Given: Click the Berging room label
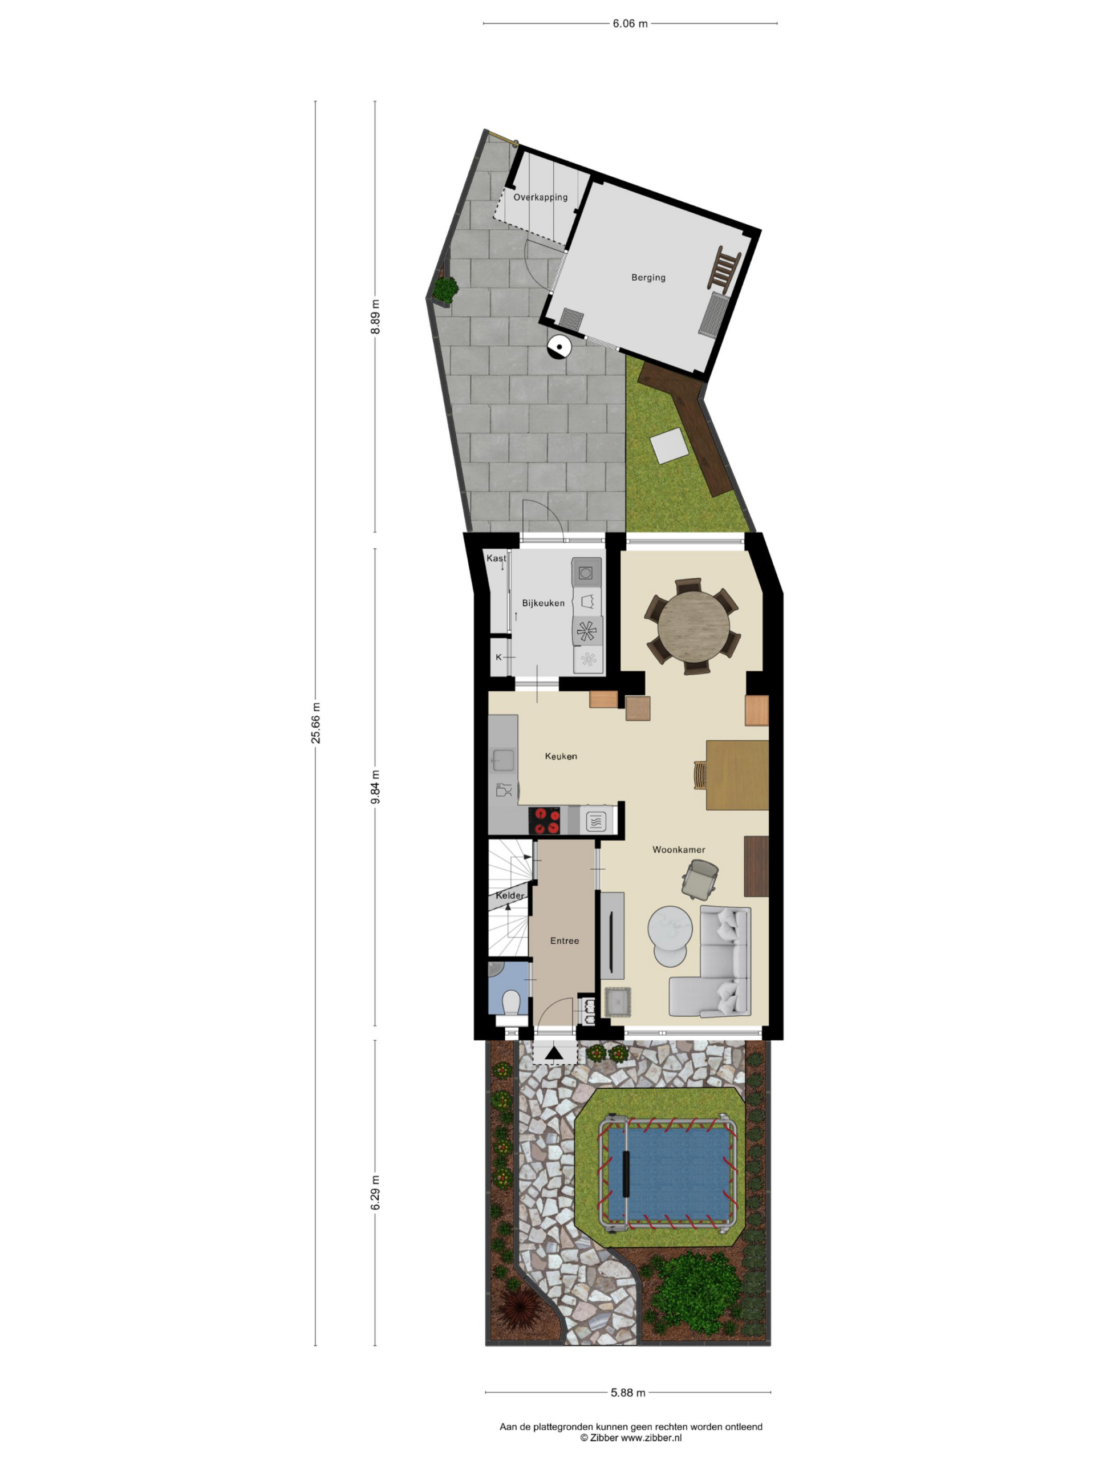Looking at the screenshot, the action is coord(647,277).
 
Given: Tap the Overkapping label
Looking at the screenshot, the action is coord(540,197).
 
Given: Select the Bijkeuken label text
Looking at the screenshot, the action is coord(542,603).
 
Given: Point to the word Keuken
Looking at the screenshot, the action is coord(561,756).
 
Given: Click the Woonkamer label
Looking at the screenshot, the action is coord(679,849).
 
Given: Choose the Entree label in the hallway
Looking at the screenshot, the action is coord(565,940).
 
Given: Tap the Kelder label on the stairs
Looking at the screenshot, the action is coord(509,895).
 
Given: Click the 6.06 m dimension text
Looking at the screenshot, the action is coord(630,24).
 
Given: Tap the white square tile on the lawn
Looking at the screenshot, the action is coord(668,446).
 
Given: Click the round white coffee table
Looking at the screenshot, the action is coord(670,927).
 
